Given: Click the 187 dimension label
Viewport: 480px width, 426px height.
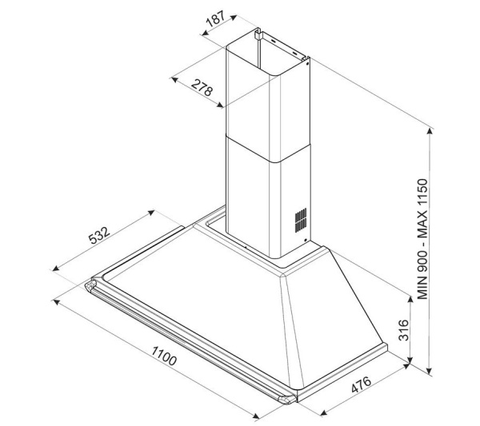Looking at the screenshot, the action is (x=215, y=18).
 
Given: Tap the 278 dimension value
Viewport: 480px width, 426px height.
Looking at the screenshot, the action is (x=202, y=87).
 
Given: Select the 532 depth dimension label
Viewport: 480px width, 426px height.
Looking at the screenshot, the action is (x=99, y=235).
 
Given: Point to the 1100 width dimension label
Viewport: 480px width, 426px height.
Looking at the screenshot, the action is (x=164, y=356).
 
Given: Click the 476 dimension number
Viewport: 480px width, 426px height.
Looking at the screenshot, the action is (x=362, y=384).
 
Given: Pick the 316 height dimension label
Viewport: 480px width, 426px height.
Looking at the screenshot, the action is (x=404, y=329).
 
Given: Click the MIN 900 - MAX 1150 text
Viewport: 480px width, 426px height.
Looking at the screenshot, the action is (x=422, y=239).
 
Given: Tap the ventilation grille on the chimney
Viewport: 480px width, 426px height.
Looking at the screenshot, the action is (x=301, y=220).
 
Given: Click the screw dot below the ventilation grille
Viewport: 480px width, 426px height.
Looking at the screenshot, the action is (x=306, y=240).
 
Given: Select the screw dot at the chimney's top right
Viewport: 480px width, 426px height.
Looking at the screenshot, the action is (x=307, y=64).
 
